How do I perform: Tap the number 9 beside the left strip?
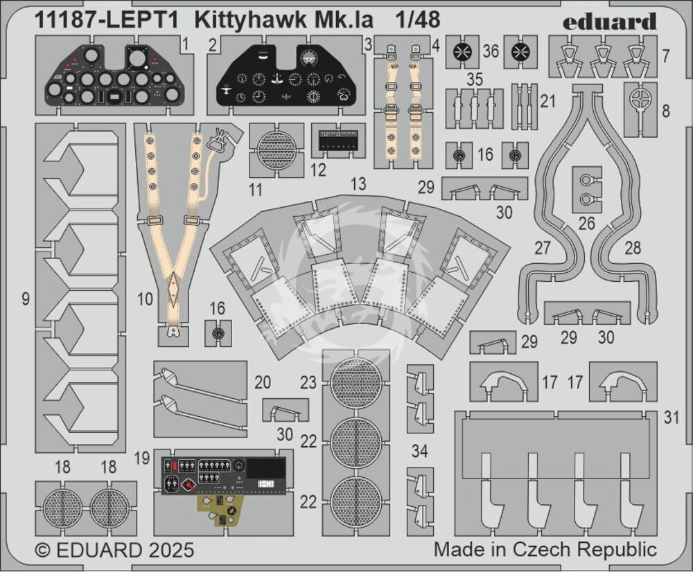click(x=26, y=299)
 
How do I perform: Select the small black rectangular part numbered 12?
click(x=338, y=141)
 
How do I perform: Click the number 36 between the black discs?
click(x=491, y=51)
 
